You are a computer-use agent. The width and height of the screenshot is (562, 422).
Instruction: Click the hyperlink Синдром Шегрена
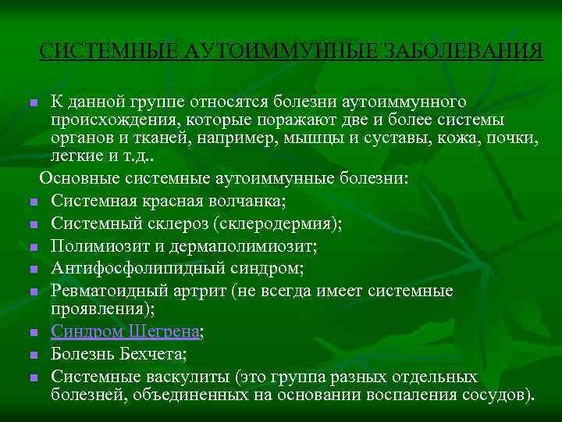point(125,331)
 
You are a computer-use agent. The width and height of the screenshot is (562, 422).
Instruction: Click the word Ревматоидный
point(108,291)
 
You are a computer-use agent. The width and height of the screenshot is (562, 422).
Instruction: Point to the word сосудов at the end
point(496,393)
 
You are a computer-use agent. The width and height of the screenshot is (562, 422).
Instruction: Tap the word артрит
point(207,291)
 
